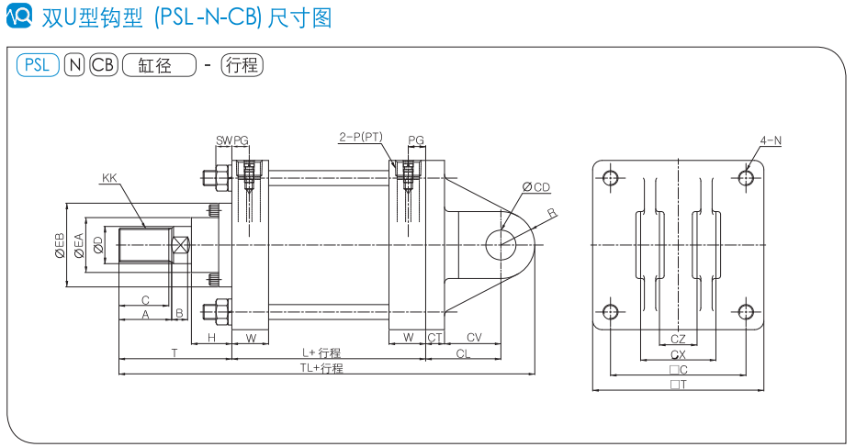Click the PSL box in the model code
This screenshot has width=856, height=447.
(37, 65)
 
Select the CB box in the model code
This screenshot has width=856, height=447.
(104, 65)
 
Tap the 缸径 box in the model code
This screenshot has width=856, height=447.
(159, 65)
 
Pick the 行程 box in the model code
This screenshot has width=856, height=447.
(242, 65)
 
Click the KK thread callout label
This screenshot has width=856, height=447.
(109, 177)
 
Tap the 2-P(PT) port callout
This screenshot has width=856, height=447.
(360, 137)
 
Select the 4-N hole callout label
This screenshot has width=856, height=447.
(771, 140)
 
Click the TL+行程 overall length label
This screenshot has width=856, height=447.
(321, 368)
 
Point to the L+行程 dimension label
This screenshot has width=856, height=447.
(322, 352)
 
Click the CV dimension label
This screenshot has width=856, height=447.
(474, 338)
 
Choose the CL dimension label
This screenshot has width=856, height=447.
(464, 352)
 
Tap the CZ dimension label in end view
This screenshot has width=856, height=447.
(678, 340)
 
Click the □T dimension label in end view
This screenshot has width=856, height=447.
(678, 385)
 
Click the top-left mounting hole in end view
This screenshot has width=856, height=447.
(610, 177)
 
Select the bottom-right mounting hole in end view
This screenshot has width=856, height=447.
(746, 311)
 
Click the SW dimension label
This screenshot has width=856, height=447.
(223, 140)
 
